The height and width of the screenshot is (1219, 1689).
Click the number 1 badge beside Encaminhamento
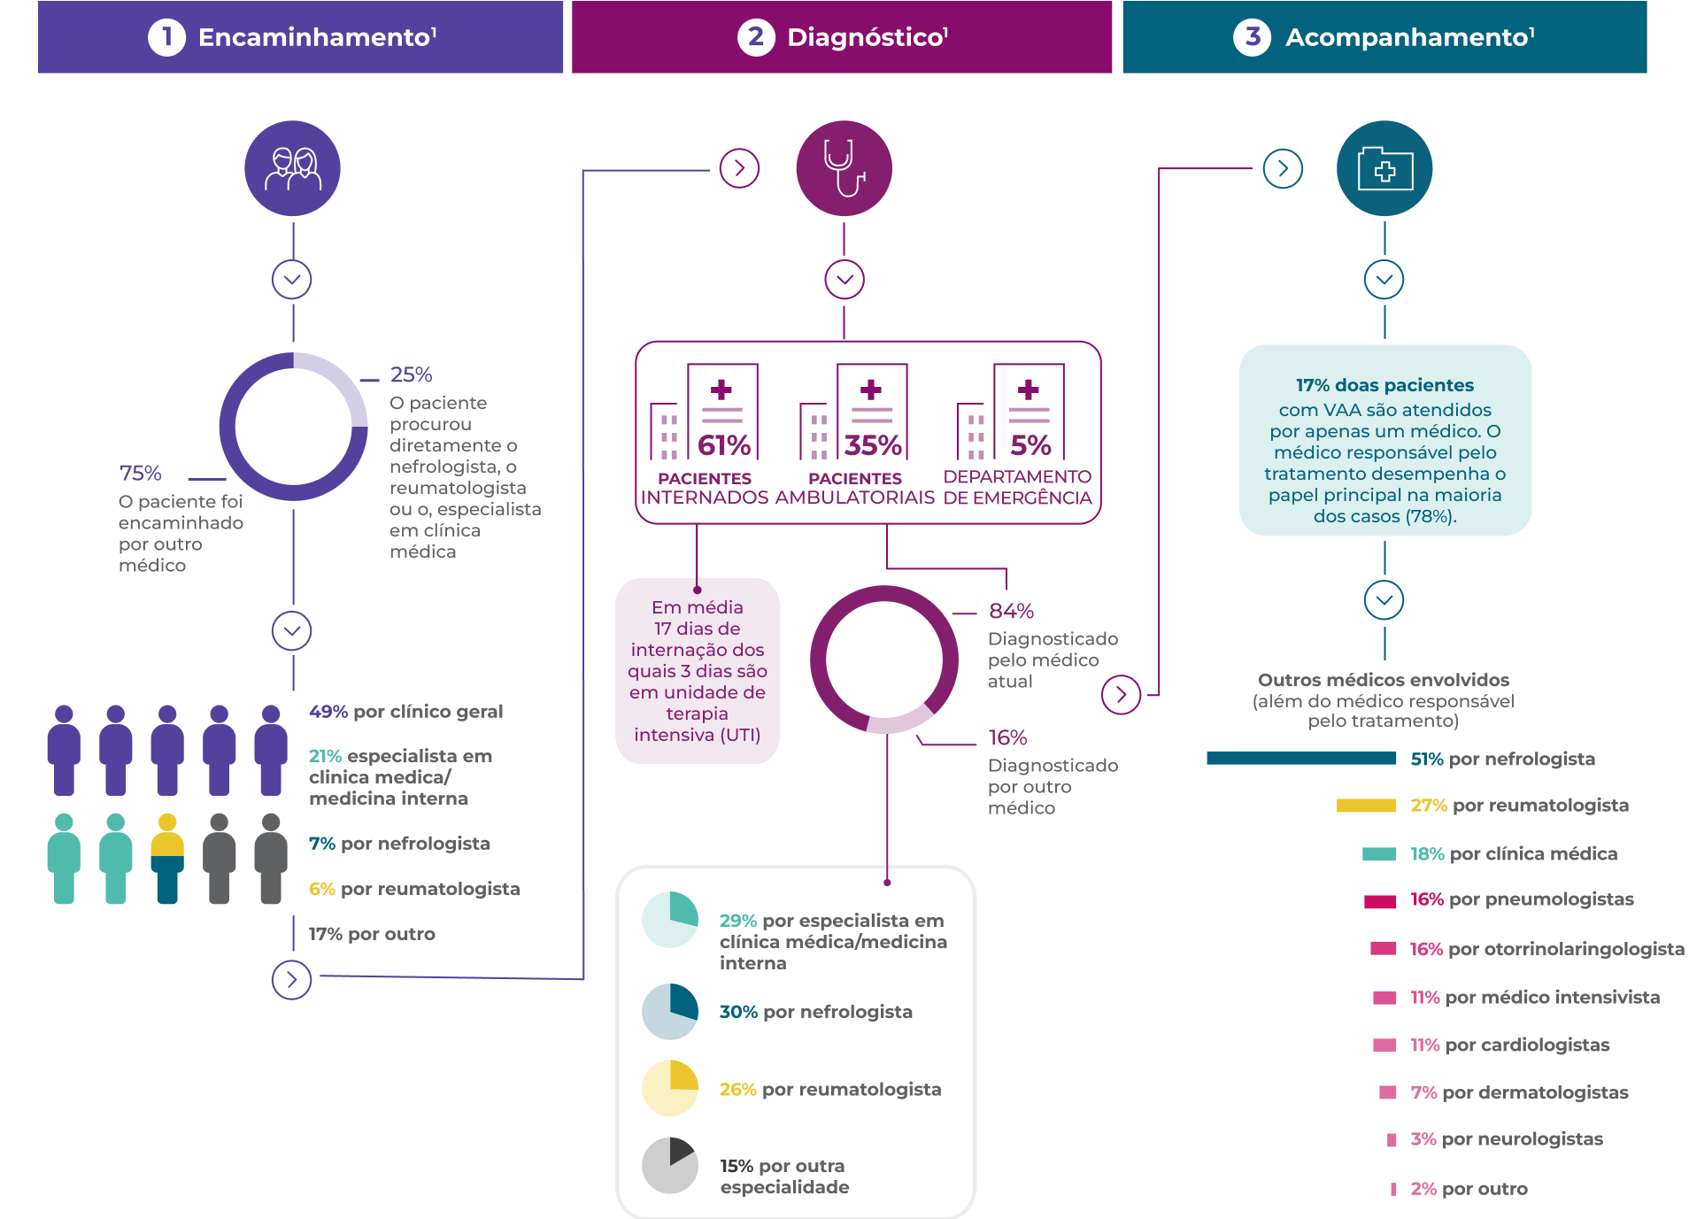tap(166, 37)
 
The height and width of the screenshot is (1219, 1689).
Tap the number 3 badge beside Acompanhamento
tap(1252, 37)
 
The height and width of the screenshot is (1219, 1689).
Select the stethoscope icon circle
tap(844, 168)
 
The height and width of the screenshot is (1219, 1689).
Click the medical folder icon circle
tap(1384, 168)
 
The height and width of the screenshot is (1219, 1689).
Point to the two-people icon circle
tap(292, 168)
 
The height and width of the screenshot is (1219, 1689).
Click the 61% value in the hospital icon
tap(724, 445)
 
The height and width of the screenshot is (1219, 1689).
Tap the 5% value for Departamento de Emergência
tap(1030, 445)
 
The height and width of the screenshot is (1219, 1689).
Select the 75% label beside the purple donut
tap(141, 473)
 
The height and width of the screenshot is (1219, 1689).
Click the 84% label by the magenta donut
tap(1011, 611)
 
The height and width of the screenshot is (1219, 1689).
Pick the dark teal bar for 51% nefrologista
tap(1301, 758)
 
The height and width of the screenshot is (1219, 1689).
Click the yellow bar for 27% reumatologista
tap(1367, 806)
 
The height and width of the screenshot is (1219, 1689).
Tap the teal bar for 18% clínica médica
tap(1379, 854)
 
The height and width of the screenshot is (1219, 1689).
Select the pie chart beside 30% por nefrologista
tap(670, 1011)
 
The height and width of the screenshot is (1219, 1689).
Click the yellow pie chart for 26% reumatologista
tap(670, 1088)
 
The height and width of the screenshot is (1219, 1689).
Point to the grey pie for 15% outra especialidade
tap(670, 1165)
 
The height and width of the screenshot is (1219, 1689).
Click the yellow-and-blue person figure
tap(167, 858)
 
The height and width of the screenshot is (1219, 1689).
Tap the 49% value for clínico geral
tap(328, 712)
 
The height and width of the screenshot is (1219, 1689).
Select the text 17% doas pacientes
tap(1384, 385)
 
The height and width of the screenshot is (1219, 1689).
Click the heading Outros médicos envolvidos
tap(1384, 680)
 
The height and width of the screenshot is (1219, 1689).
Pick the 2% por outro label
tap(1469, 1189)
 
